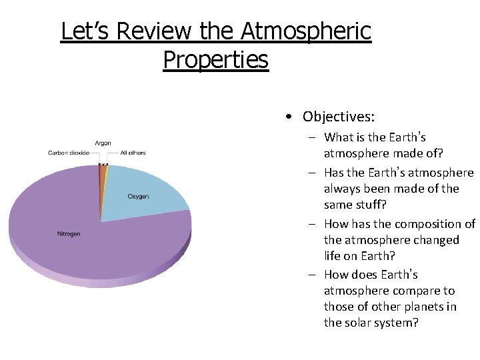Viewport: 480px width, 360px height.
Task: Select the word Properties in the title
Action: tap(215, 59)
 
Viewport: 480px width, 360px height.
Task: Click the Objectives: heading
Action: tap(338, 117)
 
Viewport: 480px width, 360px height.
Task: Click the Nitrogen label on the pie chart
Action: tap(68, 234)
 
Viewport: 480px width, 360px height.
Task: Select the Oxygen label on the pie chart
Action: tap(138, 197)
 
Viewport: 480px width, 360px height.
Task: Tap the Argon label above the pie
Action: tap(103, 143)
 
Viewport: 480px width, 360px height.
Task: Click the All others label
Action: tap(133, 153)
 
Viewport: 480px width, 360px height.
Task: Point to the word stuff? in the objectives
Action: tap(371, 205)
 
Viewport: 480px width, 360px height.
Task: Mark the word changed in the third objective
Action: tap(435, 240)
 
